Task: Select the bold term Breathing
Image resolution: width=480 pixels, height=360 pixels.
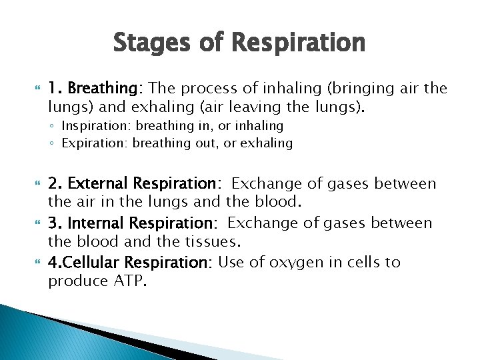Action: pyautogui.click(x=101, y=89)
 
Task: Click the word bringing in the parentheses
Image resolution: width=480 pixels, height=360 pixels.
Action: pyautogui.click(x=343, y=89)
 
